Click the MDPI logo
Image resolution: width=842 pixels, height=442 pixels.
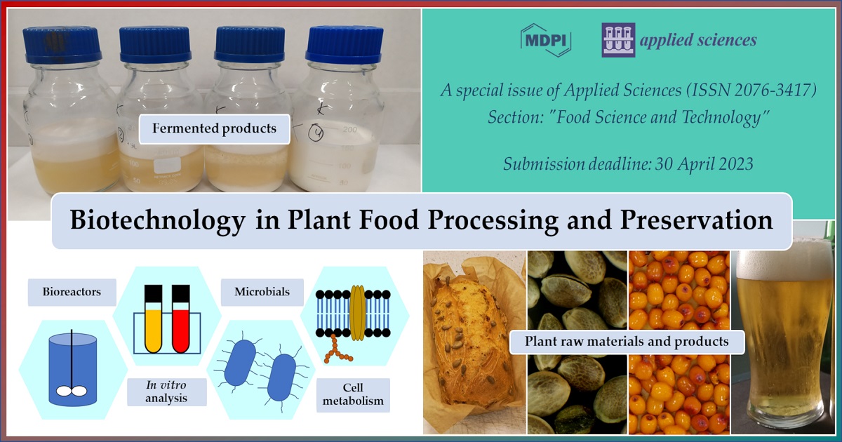546,40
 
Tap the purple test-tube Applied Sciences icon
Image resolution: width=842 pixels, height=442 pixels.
618,40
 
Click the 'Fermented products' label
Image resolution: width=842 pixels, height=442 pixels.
214,129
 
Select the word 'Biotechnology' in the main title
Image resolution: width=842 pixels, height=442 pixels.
158,220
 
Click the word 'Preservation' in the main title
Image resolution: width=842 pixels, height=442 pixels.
696,220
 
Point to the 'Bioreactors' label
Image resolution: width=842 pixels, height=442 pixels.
72,292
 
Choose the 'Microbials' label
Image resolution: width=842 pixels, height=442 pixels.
262,292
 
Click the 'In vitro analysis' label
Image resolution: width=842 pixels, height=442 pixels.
166,392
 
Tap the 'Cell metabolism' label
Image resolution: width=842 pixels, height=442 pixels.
353,394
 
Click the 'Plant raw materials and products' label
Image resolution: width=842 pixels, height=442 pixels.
627,342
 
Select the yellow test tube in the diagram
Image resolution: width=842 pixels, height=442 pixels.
154,319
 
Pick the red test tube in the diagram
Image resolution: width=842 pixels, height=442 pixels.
181,319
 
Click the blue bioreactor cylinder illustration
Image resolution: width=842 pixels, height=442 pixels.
73,370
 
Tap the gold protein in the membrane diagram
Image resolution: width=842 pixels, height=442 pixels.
357,313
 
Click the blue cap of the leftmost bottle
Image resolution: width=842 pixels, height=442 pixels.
62,44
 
